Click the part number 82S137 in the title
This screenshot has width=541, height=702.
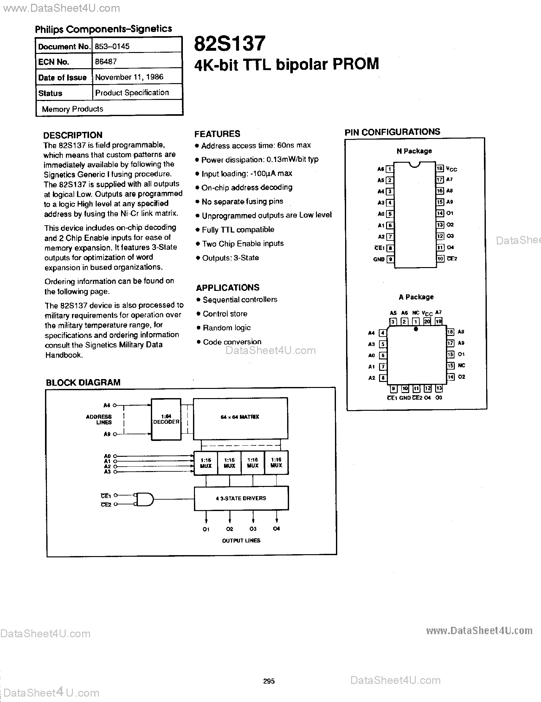point(230,44)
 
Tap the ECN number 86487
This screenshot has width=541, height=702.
point(106,62)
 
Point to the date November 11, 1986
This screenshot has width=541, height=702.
point(129,77)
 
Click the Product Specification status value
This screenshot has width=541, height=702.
point(132,93)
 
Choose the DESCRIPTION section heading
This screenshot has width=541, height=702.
point(73,135)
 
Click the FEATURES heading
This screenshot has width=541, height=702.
point(217,134)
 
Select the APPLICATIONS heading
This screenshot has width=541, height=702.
point(228,287)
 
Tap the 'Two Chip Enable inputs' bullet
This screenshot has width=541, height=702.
point(243,244)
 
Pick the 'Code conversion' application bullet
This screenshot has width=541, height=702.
point(232,342)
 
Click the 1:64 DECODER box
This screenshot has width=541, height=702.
point(166,419)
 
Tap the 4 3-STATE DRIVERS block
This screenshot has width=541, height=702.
point(241,498)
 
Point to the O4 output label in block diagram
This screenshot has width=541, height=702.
point(276,529)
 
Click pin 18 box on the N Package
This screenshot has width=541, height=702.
point(440,168)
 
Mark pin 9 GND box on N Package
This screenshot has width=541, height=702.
point(390,259)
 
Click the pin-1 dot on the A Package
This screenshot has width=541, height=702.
point(416,329)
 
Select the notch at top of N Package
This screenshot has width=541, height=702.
point(415,165)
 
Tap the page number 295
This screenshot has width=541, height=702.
point(269,681)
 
